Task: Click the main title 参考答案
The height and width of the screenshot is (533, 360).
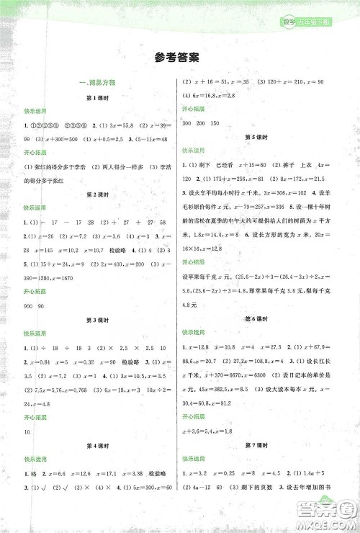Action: click(179, 58)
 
